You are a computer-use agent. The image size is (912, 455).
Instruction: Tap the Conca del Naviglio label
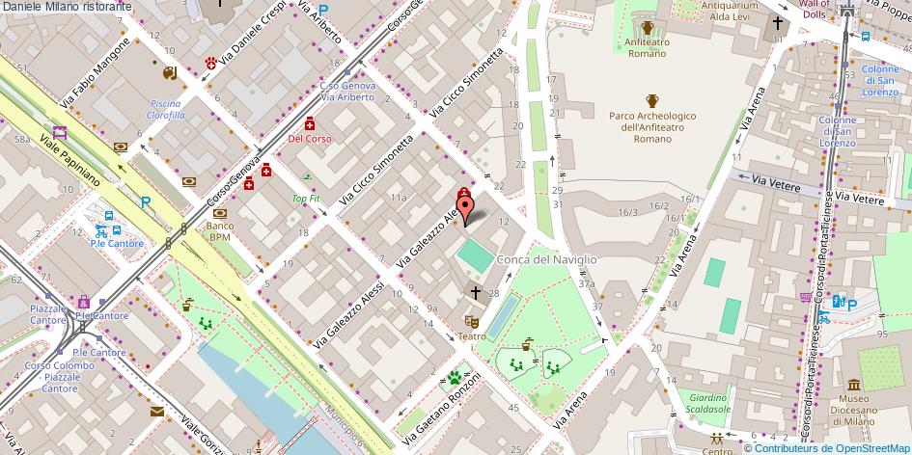coord(546,259)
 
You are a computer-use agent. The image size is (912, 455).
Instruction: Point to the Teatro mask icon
coord(472,320)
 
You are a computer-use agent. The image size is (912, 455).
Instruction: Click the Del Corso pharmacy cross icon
coord(310,123)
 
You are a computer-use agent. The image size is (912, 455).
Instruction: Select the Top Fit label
coord(305,199)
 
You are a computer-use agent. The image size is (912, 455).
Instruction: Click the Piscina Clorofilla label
coord(166,109)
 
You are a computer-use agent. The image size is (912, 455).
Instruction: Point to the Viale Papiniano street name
coord(71,160)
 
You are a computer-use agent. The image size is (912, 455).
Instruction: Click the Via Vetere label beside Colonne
coord(760,178)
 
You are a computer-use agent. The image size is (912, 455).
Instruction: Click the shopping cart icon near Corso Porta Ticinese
coord(806,297)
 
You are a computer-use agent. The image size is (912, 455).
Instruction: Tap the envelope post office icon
coord(157,412)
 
